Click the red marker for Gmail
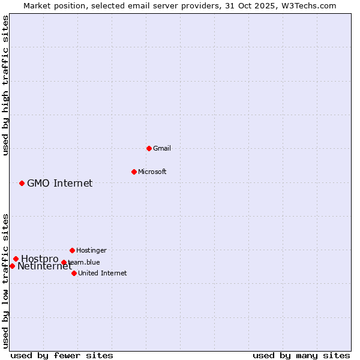coord(149,148)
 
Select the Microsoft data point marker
coord(134,172)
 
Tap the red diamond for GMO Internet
coord(22,183)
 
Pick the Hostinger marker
coord(72,250)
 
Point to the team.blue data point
coord(64,262)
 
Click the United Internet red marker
coord(74,273)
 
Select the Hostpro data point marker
coord(16,259)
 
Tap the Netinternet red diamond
coord(12,266)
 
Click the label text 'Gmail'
coord(162,148)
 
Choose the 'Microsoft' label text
coord(152,172)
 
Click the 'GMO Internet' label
coord(60,183)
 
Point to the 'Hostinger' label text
coord(91,250)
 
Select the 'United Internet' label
coord(103,273)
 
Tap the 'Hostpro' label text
coord(40,259)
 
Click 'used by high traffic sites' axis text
coord(5,86)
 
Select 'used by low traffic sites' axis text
coord(5,280)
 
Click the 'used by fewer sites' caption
coord(62,355)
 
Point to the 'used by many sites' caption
coord(301,355)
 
